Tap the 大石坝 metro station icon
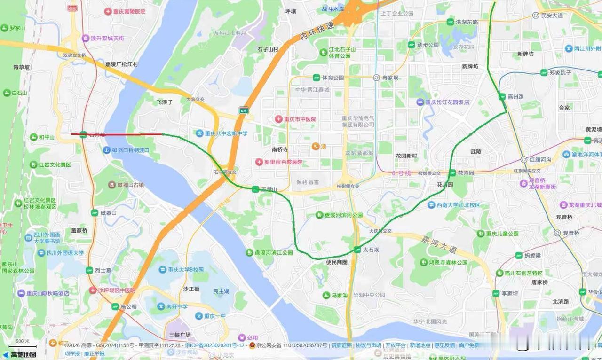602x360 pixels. pos(357,250)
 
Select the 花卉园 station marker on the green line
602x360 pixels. pos(452,173)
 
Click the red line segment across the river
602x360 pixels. pos(122,134)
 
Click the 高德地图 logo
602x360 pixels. pos(19,354)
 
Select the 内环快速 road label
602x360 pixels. pos(317,31)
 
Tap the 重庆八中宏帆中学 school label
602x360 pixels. pos(225,133)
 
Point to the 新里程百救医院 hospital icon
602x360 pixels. pos(259,162)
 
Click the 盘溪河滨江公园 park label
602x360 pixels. pos(273,253)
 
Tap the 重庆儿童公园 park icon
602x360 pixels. pos(481,234)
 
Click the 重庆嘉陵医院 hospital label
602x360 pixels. pos(129,11)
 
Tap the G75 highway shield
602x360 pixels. pos(243,110)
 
